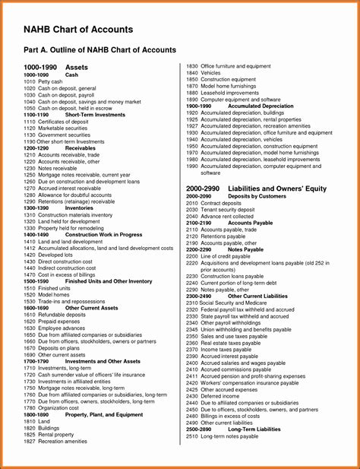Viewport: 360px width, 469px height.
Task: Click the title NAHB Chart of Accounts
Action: click(78, 30)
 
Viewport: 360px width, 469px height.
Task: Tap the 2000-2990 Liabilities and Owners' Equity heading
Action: click(256, 188)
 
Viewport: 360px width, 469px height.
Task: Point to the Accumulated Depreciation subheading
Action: click(261, 106)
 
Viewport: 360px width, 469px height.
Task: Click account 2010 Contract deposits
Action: click(213, 203)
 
